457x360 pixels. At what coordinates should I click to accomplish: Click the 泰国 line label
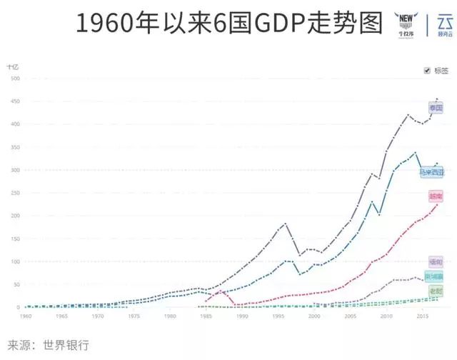pos(436,108)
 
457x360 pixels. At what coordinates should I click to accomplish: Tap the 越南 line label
pos(436,196)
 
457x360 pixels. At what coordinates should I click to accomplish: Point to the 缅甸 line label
pos(436,261)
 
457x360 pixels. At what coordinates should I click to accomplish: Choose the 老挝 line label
pos(436,290)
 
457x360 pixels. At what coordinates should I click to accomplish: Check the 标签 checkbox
pos(427,70)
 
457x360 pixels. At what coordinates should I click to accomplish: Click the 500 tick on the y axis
pos(14,79)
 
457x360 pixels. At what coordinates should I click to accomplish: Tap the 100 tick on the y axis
pos(14,261)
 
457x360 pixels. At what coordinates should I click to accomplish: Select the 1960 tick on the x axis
pos(26,315)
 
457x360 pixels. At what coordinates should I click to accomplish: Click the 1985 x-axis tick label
pos(206,315)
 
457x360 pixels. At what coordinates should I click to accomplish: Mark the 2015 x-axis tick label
pos(422,315)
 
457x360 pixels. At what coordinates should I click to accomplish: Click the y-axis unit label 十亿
pos(13,66)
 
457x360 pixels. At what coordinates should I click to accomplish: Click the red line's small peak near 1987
pos(220,291)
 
